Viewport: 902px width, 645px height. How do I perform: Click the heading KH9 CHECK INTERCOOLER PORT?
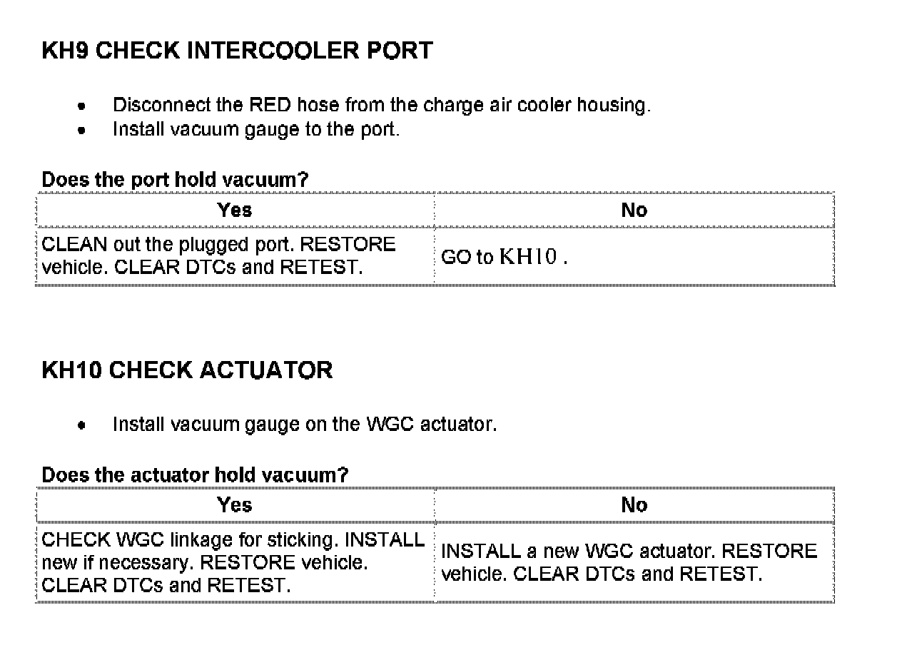pos(237,51)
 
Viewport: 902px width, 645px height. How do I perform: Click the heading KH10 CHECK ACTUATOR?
pos(187,370)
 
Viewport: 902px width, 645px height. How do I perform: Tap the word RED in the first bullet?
pos(270,106)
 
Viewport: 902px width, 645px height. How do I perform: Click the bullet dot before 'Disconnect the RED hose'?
pos(83,106)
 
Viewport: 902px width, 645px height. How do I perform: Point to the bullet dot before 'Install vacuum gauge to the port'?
pos(83,131)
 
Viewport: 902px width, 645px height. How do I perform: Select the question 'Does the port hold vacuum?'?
pos(175,180)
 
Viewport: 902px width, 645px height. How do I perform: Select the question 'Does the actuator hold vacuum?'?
pos(195,475)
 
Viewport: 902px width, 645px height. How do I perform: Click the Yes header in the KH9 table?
pos(235,210)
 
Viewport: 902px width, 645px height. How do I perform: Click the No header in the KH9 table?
pos(634,210)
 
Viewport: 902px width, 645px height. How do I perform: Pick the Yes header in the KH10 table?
pos(235,505)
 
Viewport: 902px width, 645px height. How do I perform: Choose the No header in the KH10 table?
pos(634,505)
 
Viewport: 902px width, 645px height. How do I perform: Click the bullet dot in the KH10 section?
pos(83,425)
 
